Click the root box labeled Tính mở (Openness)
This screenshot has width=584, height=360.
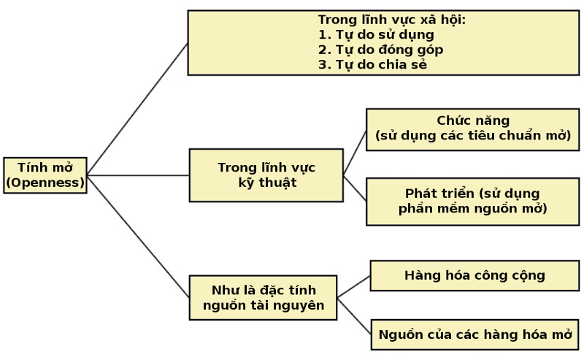point(45,175)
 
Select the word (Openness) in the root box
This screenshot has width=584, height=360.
point(45,183)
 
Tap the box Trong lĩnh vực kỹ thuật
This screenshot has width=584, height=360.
point(266,175)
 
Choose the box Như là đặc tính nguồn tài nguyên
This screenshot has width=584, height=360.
point(264,298)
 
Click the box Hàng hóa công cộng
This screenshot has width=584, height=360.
point(474,276)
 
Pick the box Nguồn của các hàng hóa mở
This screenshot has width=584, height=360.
point(475,334)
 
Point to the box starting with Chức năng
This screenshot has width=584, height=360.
point(473,130)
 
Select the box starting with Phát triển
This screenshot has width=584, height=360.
point(473,202)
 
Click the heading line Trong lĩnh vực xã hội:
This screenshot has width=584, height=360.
point(392,20)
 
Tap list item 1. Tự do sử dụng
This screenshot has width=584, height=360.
point(376,34)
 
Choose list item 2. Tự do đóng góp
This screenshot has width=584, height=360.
point(380,50)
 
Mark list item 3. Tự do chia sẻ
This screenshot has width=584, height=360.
point(372,64)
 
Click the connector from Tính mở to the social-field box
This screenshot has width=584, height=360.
point(137,109)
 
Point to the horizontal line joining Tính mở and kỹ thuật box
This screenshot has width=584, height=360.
point(138,175)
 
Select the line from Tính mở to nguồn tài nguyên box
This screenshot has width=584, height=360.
point(138,237)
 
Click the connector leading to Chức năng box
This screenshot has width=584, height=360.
point(355,153)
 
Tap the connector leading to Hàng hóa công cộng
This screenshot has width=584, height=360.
point(354,286)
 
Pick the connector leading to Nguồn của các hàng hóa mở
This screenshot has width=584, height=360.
point(354,316)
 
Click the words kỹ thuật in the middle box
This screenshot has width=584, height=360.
point(267,183)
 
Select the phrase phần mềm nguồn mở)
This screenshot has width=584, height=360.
point(473,209)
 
